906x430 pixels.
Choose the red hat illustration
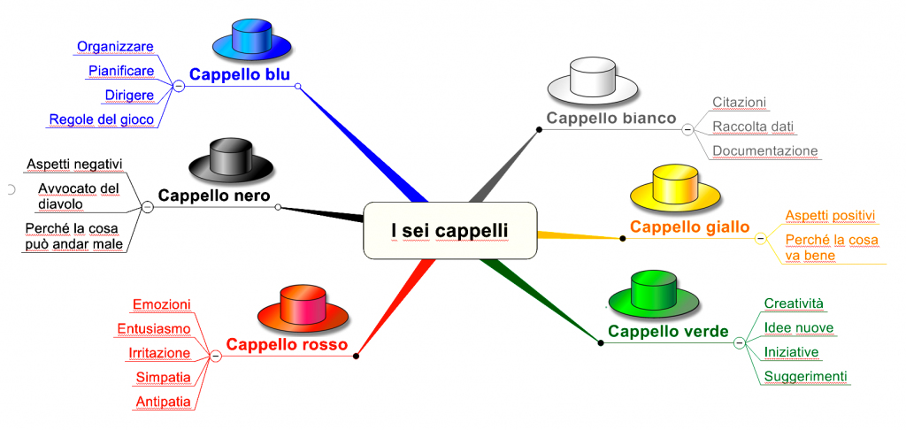tap(303, 308)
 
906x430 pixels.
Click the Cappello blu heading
tap(240, 74)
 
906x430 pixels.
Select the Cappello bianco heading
tap(611, 119)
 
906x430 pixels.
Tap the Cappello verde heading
tap(669, 331)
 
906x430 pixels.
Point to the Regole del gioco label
tap(102, 119)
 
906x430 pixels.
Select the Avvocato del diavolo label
tap(79, 196)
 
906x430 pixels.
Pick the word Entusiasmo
tap(154, 329)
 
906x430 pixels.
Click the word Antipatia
tap(164, 401)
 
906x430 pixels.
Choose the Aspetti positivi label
tap(831, 215)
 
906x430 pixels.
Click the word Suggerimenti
tap(805, 377)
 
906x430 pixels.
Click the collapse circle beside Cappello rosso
tap(216, 356)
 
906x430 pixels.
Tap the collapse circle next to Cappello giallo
tap(760, 239)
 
